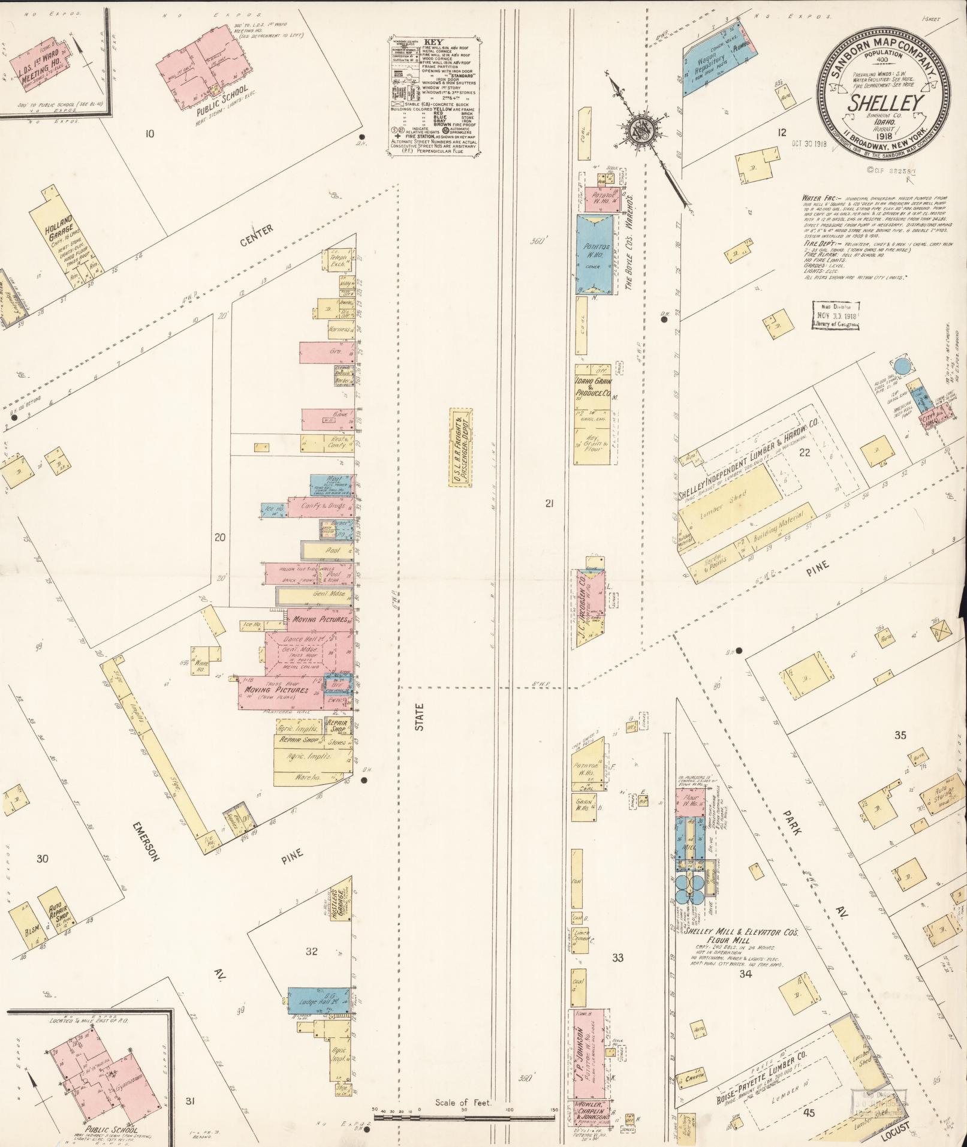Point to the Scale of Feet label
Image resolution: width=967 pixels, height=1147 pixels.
tap(463, 1103)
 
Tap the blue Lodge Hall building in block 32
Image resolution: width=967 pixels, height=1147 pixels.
tap(319, 1001)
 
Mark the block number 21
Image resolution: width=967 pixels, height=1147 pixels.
tap(549, 504)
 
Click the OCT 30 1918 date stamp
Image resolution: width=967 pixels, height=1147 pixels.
tap(808, 143)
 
